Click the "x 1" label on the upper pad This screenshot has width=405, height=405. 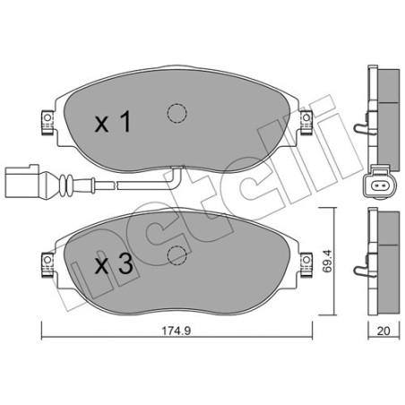click(x=113, y=122)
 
